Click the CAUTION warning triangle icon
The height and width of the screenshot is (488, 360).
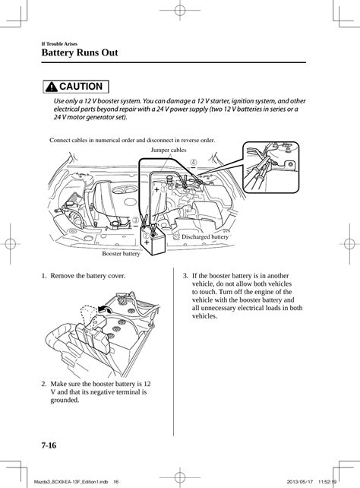(52, 87)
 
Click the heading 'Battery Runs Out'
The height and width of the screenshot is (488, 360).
(80, 52)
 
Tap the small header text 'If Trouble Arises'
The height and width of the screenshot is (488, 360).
(59, 44)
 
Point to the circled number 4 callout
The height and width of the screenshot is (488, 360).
(194, 162)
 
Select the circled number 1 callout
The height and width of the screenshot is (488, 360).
(164, 189)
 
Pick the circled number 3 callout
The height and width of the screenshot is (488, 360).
(136, 220)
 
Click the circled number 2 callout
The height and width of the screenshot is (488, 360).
(146, 236)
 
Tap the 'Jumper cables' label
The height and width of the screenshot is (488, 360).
(169, 150)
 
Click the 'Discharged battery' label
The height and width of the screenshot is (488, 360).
(205, 237)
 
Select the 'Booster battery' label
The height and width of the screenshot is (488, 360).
(121, 254)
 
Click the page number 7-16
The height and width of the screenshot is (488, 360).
(49, 445)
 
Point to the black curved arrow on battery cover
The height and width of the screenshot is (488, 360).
(103, 309)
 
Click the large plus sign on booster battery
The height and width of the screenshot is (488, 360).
(147, 242)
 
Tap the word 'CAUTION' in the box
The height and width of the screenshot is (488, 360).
(81, 87)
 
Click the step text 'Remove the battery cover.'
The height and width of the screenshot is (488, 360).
(87, 276)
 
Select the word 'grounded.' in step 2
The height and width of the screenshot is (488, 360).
(65, 400)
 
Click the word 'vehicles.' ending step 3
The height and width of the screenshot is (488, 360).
(204, 316)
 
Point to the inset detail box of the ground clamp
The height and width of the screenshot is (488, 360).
(271, 167)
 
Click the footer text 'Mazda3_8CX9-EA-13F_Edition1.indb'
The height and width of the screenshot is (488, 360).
(71, 482)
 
